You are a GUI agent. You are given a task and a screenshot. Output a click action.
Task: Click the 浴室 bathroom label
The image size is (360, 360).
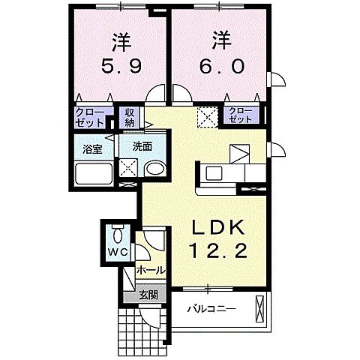[x=92, y=148]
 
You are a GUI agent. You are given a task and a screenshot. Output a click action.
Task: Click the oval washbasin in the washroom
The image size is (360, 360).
[x=155, y=169]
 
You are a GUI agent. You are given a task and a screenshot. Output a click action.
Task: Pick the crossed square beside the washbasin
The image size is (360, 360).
[x=127, y=169]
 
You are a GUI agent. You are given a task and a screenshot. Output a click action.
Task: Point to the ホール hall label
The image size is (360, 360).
[x=150, y=269]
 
